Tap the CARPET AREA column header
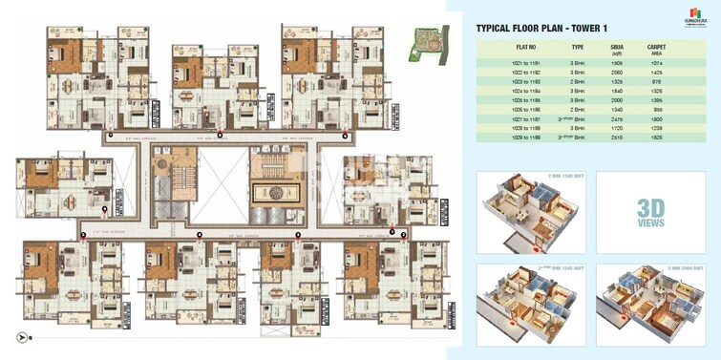coord(657,49)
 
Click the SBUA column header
coord(617,49)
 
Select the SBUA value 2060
coord(617,72)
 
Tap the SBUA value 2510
coord(617,138)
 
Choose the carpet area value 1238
coord(657,129)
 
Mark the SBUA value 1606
coord(617,61)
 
